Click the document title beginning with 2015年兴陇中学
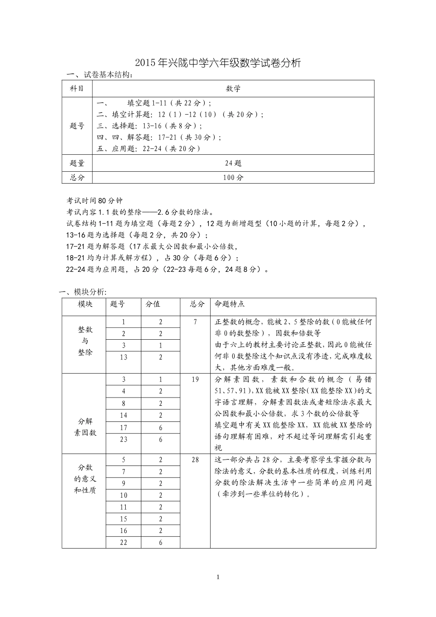218,63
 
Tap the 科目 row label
77,89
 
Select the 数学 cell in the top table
233,89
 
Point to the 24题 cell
233,163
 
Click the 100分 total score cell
233,177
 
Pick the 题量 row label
77,163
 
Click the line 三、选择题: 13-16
150,126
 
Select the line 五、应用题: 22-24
149,148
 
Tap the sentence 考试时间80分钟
95,201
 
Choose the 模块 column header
85,304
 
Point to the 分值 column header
153,304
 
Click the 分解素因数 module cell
85,427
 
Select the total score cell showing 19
195,380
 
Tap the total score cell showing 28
195,460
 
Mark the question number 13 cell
123,357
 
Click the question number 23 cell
123,439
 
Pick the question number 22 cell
123,542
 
